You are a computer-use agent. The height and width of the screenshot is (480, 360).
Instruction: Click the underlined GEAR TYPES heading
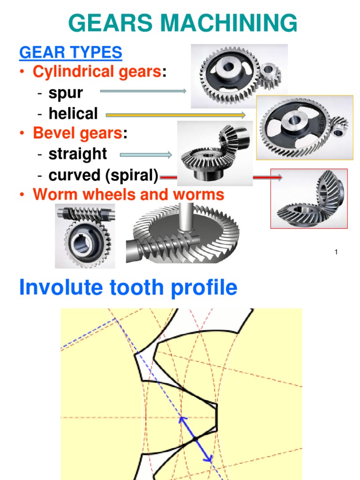point(71,52)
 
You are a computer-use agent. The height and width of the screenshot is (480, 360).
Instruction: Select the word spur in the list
point(66,93)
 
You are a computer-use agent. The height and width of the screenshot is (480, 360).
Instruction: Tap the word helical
point(73,113)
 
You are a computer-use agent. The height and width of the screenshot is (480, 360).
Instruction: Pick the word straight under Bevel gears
point(78,154)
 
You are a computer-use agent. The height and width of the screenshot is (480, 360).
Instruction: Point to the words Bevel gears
point(77,133)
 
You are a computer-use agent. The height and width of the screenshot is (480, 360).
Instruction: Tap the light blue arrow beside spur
point(143,92)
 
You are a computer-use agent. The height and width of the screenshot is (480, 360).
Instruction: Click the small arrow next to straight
point(146,155)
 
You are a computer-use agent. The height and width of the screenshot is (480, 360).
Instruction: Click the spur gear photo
point(239,76)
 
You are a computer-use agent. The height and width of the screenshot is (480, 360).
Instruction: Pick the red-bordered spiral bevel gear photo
point(309,199)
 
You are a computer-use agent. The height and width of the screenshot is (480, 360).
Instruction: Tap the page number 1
point(336,253)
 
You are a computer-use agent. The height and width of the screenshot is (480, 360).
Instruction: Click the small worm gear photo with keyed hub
point(85,236)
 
